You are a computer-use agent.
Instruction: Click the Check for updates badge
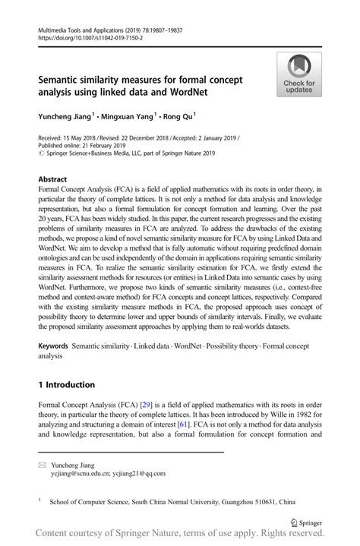click(298, 74)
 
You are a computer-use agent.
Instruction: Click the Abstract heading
click(56, 179)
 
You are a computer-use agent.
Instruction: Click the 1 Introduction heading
click(72, 384)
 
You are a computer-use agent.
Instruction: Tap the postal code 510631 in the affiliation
click(273, 502)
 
